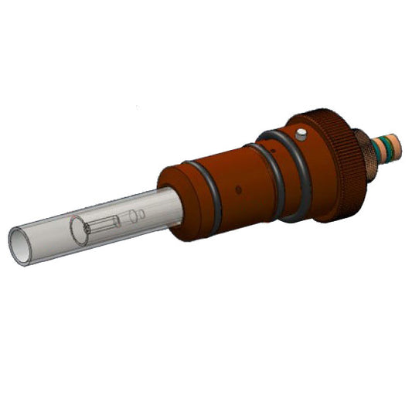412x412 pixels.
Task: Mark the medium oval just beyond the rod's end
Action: [131, 216]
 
